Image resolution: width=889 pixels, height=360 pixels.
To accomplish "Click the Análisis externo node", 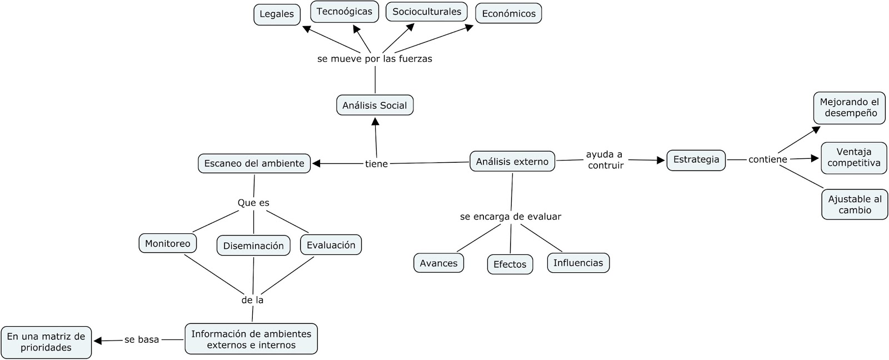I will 512,161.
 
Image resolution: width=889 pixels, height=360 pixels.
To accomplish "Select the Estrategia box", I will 696,160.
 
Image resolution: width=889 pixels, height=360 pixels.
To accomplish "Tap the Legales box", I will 277,14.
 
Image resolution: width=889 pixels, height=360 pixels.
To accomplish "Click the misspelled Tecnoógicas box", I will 344,12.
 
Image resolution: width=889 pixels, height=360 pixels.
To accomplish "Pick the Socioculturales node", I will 426,12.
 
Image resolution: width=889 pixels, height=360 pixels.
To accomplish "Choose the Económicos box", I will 508,14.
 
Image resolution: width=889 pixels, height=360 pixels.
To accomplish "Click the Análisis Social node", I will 374,105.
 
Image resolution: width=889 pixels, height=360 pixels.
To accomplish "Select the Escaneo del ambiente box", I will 254,163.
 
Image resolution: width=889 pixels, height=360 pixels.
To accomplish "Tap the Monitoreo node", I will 167,243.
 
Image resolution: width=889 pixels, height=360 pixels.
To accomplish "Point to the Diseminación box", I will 253,246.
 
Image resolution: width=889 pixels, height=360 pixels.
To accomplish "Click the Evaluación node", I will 331,245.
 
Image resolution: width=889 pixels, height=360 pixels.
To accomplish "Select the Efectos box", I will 510,264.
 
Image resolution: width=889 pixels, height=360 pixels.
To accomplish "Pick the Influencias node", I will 578,263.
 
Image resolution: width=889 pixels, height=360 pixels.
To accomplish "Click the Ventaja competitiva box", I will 854,158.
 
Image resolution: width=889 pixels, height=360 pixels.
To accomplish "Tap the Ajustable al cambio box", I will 855,204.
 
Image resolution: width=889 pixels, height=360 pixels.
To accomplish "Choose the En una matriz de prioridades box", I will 46,342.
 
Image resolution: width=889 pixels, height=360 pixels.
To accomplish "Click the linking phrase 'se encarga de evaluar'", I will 510,217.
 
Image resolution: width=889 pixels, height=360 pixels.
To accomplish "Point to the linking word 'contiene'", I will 767,159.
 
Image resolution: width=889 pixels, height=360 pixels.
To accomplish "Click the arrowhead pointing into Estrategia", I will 661,161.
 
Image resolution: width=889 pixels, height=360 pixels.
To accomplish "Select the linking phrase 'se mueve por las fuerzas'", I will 374,59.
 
